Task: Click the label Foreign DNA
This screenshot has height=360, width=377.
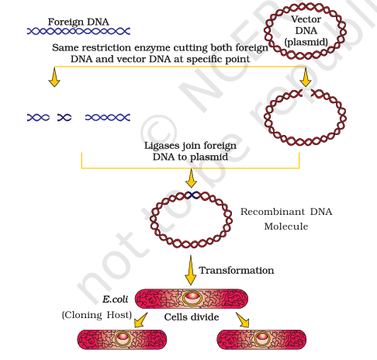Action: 78,22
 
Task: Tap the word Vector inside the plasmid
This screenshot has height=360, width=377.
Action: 306,19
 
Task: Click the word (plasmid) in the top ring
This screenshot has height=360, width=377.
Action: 306,42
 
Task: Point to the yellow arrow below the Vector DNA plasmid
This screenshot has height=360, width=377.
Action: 306,78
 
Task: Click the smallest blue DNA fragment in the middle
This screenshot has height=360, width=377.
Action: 64,118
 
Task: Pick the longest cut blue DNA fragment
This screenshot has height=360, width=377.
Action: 108,118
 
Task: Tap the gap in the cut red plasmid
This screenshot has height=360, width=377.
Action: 306,93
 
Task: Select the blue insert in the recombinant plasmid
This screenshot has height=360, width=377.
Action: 192,195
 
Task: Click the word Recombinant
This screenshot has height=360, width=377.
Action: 272,212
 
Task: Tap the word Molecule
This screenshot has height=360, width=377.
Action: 286,227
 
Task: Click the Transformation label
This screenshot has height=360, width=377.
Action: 237,270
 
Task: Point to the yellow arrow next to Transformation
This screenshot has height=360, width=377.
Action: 191,270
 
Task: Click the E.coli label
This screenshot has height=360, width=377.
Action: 116,299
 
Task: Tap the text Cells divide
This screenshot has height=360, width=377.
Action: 192,317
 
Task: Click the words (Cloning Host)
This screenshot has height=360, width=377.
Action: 97,315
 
